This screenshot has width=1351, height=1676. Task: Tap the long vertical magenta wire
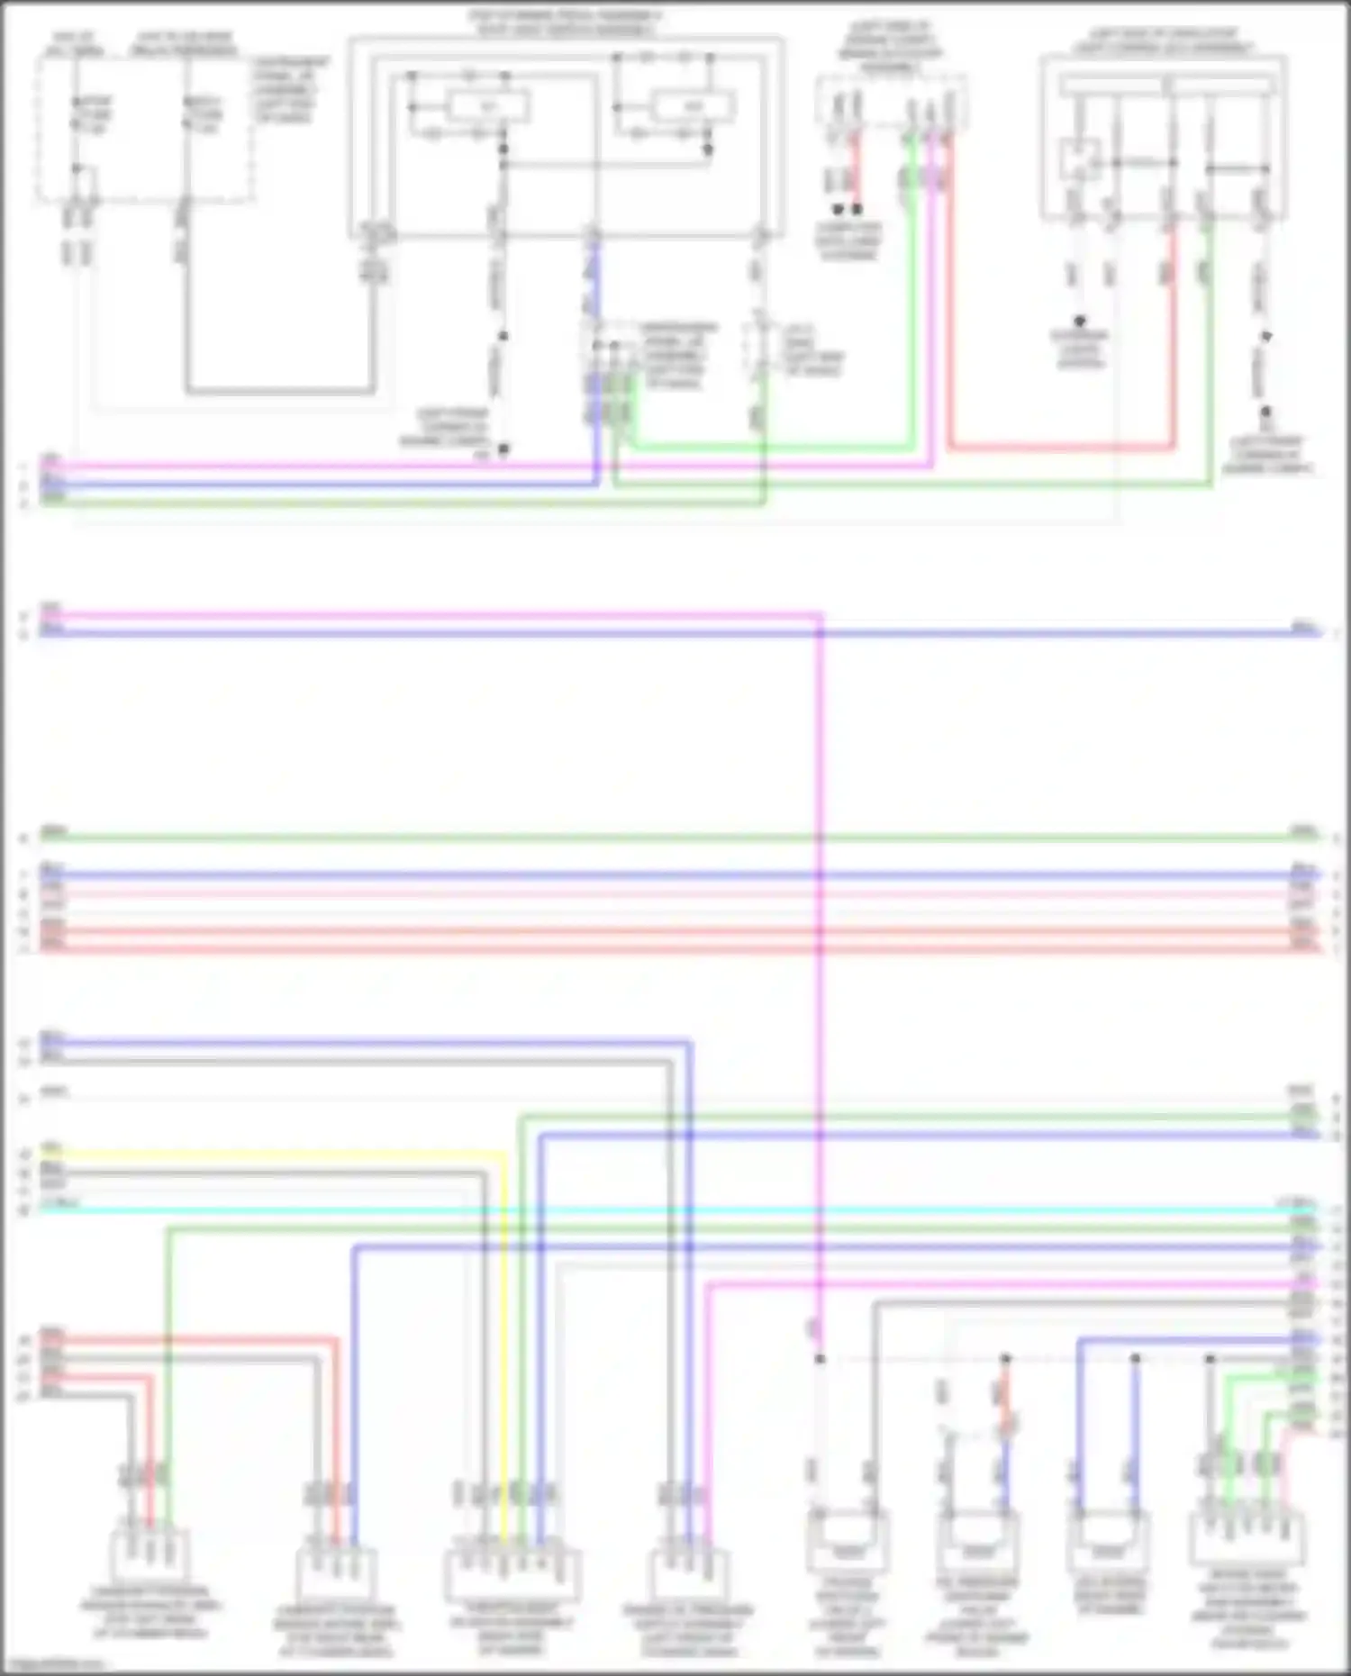click(820, 991)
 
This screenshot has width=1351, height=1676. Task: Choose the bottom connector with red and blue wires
click(336, 1572)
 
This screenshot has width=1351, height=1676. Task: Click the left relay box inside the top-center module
click(487, 109)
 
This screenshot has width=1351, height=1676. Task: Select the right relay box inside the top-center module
click(693, 107)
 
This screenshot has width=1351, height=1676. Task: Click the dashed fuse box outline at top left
click(144, 126)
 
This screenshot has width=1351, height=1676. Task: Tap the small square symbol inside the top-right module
click(1079, 159)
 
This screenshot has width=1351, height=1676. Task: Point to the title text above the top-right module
click(1163, 41)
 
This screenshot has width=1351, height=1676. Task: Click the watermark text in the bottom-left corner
click(54, 1665)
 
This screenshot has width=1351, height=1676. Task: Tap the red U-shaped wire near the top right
click(1063, 446)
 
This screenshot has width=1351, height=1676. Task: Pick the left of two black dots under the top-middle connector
click(838, 209)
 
